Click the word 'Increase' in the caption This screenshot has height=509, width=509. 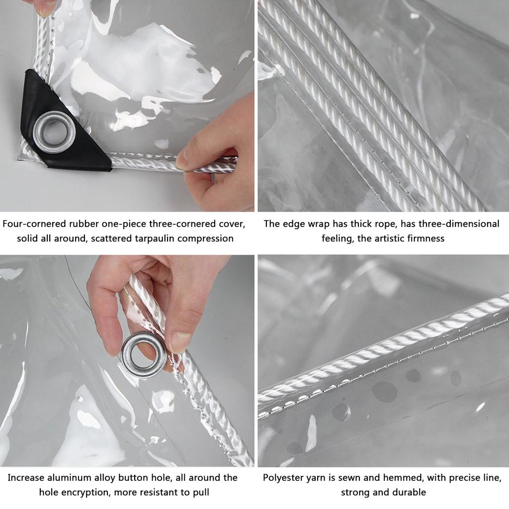click(26, 478)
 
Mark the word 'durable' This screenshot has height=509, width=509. click(410, 493)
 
